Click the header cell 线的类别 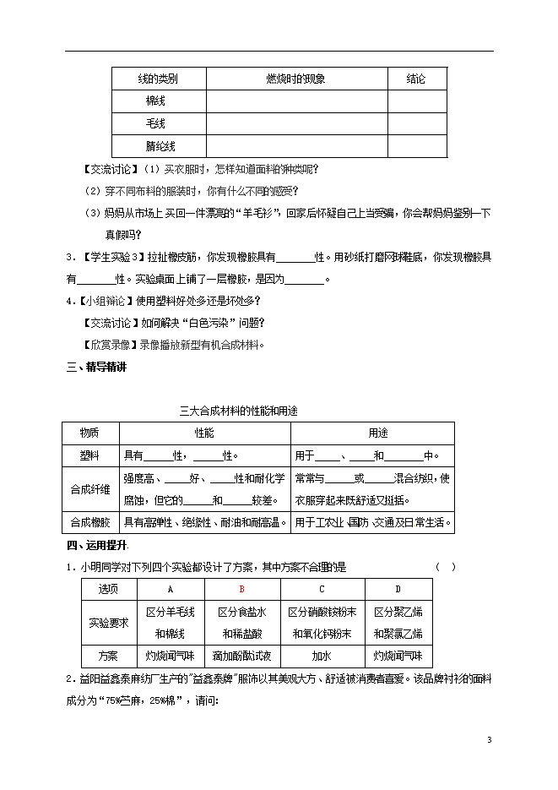158,79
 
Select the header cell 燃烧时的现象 295,79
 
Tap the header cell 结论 416,79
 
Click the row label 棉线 158,101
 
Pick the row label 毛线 158,123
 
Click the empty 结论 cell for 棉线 416,101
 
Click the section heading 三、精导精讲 96,368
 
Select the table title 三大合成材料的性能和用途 239,411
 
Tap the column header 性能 203,433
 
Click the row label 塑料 89,455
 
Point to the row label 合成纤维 89,488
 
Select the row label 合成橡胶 89,522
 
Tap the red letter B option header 241,590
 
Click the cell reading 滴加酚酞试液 241,656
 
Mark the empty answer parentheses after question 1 445,567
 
